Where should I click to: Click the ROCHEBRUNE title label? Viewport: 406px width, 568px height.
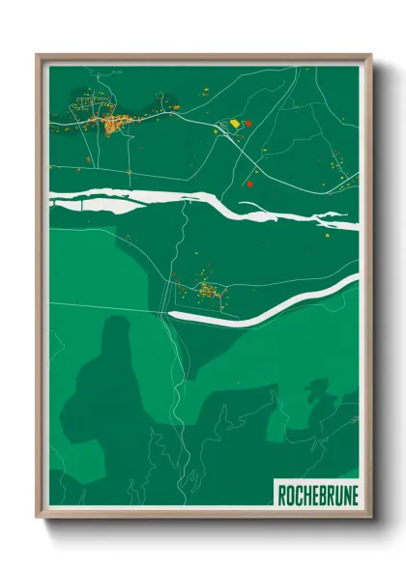pos(315,497)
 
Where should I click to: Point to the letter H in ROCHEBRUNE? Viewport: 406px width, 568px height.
pos(304,497)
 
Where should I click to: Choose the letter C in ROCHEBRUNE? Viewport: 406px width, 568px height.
pos(297,497)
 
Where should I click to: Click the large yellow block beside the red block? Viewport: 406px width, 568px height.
pos(233,125)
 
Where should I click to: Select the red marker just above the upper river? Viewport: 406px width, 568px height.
pos(249,183)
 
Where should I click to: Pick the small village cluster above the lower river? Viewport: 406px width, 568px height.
pos(207,288)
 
